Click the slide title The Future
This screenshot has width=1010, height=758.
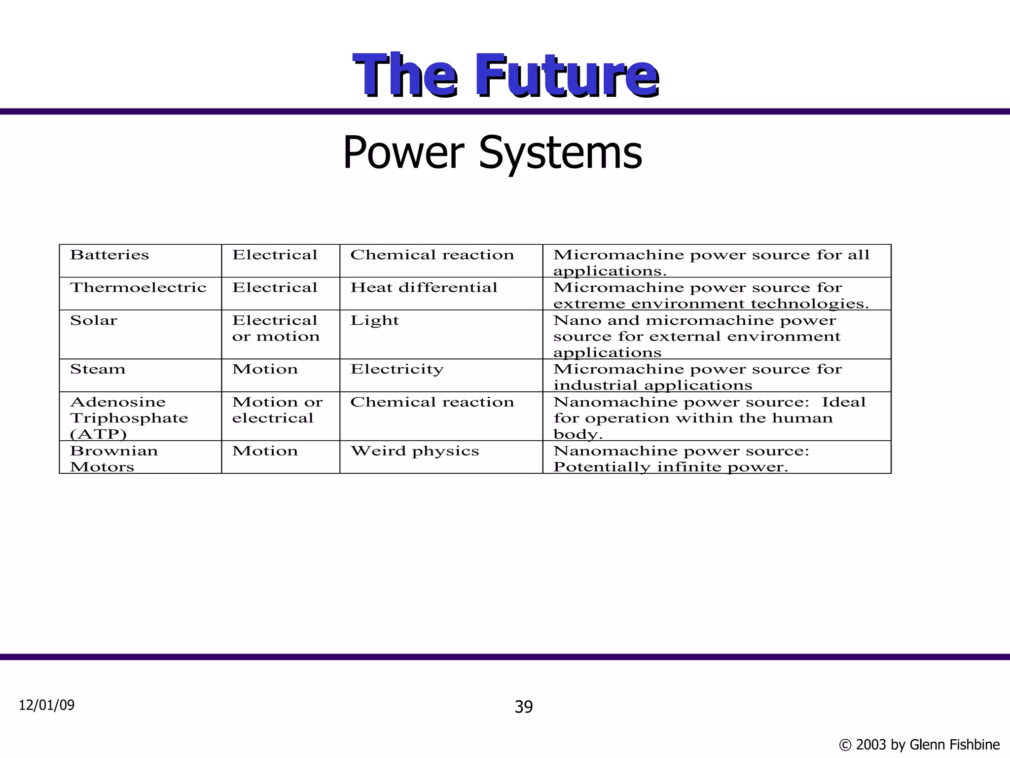[x=505, y=75]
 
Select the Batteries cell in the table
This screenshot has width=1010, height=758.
[x=109, y=255]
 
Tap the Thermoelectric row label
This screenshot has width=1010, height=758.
[x=138, y=288]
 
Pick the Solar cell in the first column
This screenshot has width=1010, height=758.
[x=94, y=321]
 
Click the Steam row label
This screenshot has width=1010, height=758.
[x=98, y=370]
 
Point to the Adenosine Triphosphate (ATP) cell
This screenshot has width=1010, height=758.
[x=129, y=418]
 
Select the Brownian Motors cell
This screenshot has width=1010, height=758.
[x=113, y=458]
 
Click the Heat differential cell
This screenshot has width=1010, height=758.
[x=424, y=288]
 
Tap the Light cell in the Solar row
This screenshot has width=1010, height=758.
[x=374, y=321]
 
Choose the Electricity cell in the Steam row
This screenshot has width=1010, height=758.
[x=397, y=370]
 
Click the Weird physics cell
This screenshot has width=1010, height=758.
[x=414, y=451]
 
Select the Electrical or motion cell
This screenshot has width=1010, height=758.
[x=276, y=329]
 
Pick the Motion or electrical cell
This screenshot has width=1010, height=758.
[x=277, y=410]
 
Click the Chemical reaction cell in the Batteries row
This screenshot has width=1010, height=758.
[x=432, y=255]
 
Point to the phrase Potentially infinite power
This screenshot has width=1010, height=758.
[x=671, y=467]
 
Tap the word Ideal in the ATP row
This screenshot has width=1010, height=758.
[x=843, y=402]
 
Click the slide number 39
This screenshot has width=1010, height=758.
[x=524, y=707]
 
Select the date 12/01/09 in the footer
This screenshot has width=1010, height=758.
[x=47, y=705]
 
